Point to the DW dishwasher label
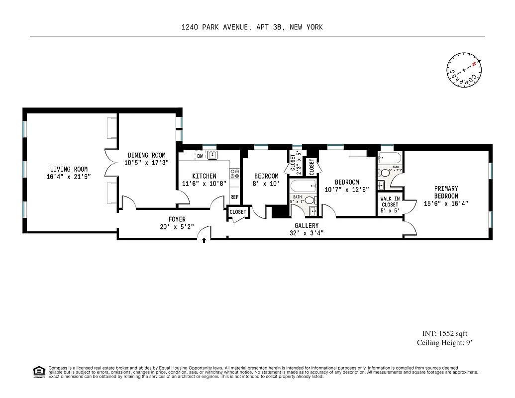pos(200,156)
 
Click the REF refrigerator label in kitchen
pos(234,198)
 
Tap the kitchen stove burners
pos(235,174)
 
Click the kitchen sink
pos(212,155)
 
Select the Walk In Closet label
pos(390,201)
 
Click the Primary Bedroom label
pos(446,192)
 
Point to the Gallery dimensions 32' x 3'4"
pos(306,233)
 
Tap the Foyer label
pos(177,219)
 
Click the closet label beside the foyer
pos(238,212)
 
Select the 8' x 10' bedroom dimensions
pos(266,183)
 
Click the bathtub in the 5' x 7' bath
pos(303,188)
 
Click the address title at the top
pos(252,27)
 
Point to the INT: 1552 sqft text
pos(441,334)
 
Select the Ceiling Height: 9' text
pos(441,343)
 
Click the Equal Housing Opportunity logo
pos(38,371)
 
